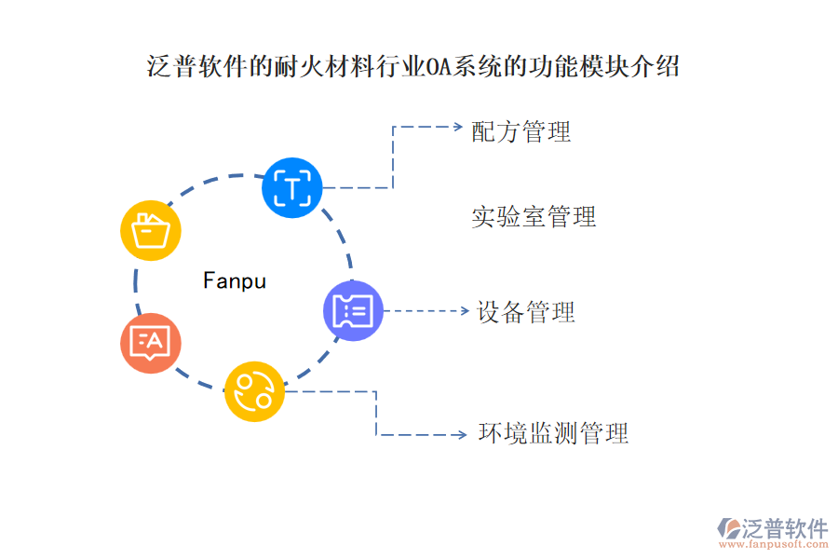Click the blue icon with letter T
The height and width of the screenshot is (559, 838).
pos(292,188)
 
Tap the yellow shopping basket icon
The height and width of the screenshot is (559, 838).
pos(151,229)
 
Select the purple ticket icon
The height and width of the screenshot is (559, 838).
pos(353,310)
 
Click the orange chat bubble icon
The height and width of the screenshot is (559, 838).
pos(151,343)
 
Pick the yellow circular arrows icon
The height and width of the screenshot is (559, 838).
pos(254,391)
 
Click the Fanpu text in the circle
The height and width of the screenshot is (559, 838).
pos(235,280)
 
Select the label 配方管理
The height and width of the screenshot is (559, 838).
pos(521,131)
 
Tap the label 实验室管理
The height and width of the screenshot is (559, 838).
pos(534,217)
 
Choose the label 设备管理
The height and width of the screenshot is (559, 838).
pos(526,311)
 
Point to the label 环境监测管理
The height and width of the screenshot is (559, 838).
pos(553,433)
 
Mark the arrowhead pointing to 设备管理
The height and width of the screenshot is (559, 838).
pos(464,311)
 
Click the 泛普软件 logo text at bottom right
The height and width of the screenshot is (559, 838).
pos(784,528)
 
